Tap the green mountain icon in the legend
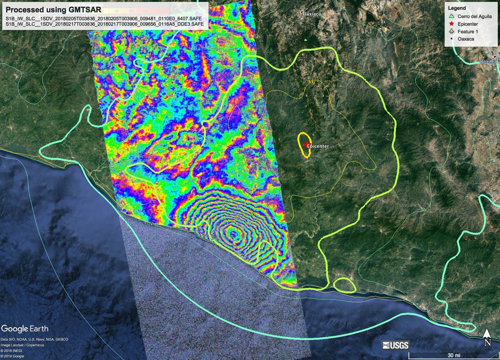coord(451,17)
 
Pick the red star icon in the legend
coord(451,24)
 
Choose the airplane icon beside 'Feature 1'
coord(451,32)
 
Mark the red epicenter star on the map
coord(307,145)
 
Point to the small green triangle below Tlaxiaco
coord(306,40)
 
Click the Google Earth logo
coord(25,328)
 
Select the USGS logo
coord(396,345)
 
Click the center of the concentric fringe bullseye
coord(232,235)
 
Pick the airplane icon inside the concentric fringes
coord(224,207)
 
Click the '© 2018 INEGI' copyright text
coord(12,351)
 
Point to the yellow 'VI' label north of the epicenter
coord(310,82)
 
